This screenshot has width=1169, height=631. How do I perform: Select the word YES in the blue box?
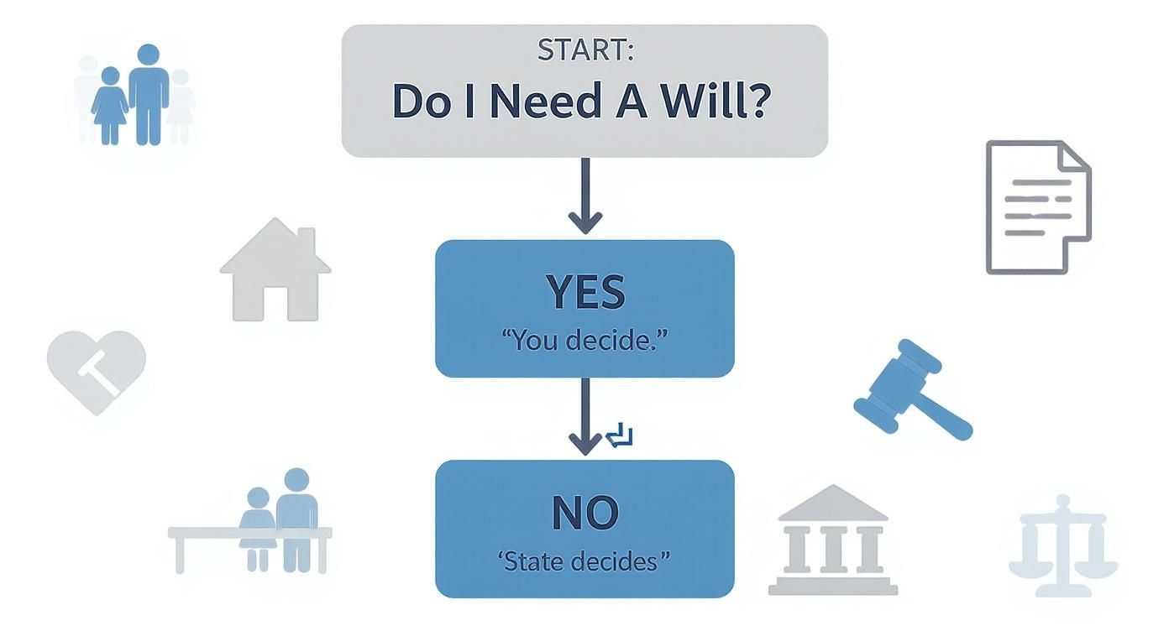584,292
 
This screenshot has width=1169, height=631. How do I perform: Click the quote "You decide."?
584,341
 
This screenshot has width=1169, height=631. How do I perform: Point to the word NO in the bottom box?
584,512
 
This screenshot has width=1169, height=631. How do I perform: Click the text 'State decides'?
584,561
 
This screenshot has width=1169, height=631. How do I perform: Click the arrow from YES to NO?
584,417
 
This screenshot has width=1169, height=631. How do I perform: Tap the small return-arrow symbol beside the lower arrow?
620,435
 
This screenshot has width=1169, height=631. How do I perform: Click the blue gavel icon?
911,390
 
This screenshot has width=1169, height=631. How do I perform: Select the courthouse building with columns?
832,540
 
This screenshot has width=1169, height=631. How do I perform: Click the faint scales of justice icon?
1063,539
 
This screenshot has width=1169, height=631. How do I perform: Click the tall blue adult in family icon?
149,93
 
